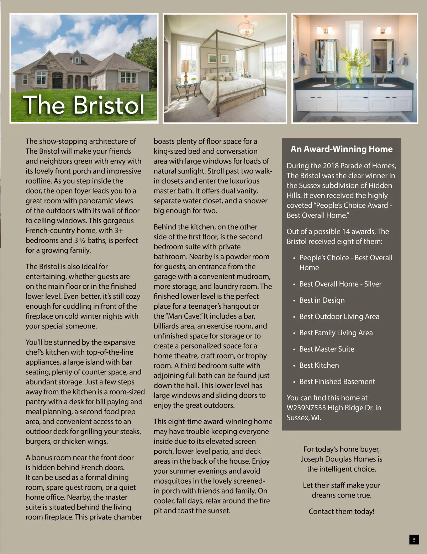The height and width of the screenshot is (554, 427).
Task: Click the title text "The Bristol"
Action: [x=84, y=105]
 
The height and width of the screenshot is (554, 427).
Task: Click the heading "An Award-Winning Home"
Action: [x=341, y=149]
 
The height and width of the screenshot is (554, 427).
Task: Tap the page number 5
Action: [x=414, y=540]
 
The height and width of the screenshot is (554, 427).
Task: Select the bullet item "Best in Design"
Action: [x=322, y=300]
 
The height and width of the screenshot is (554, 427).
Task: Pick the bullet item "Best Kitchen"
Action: [x=319, y=365]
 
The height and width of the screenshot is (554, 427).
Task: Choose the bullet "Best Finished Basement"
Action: [x=337, y=382]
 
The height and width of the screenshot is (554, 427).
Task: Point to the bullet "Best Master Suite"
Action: [x=327, y=349]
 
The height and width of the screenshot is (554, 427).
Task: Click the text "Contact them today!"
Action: [x=341, y=511]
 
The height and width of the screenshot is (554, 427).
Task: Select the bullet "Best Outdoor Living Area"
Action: [x=339, y=316]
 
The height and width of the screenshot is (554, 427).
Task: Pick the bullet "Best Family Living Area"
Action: [x=336, y=333]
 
